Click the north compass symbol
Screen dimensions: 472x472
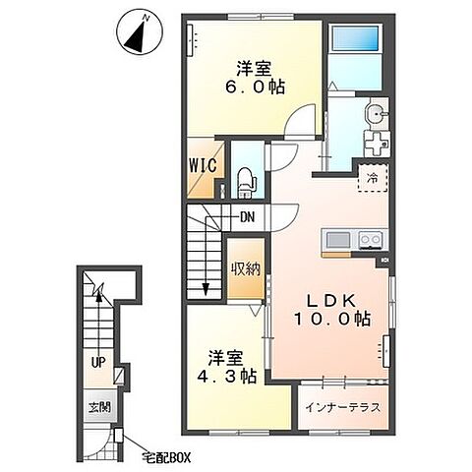click(140, 33)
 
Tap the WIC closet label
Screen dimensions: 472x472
click(203, 165)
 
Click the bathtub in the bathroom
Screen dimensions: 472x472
click(355, 37)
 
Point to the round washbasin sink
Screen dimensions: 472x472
click(376, 115)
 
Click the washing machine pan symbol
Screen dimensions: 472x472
click(377, 144)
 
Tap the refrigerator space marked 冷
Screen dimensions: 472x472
click(373, 178)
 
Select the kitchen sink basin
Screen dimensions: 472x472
click(338, 241)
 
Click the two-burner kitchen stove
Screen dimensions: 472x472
click(371, 241)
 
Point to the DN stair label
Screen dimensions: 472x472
click(248, 216)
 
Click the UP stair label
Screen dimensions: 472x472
click(98, 363)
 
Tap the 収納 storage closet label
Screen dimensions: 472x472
click(246, 269)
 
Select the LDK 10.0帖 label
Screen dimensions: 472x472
click(332, 310)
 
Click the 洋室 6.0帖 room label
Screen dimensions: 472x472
click(255, 78)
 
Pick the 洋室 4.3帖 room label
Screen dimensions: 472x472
click(227, 367)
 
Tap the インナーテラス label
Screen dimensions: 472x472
click(343, 407)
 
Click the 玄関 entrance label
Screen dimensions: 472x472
click(99, 407)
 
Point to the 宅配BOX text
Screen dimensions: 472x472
click(166, 457)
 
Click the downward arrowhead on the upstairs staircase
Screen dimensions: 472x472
click(206, 289)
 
